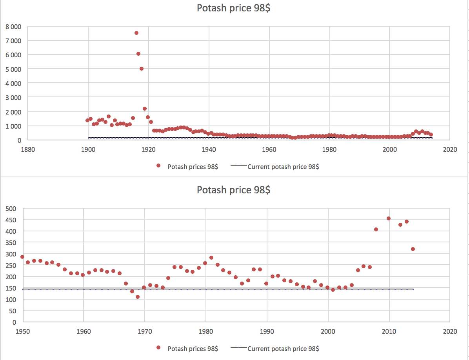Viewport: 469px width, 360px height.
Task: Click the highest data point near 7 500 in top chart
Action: click(136, 33)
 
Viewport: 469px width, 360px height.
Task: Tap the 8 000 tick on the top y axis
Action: click(13, 27)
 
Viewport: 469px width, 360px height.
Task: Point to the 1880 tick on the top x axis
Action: click(28, 149)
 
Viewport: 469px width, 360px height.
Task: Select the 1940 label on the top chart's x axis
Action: click(209, 149)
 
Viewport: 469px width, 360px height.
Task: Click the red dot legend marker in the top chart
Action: click(159, 166)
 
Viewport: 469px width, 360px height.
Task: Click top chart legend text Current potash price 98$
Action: click(283, 167)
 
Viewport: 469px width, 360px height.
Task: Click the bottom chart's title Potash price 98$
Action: click(234, 190)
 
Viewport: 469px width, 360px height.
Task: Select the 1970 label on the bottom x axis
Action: click(145, 332)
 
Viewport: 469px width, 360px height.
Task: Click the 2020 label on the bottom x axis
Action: click(449, 332)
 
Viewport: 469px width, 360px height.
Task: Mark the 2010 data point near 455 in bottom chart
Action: click(389, 218)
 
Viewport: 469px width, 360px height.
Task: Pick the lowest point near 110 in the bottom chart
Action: click(138, 297)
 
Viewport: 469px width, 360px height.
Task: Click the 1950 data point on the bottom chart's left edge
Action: click(22, 257)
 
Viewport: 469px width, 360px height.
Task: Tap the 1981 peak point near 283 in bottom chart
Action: click(211, 258)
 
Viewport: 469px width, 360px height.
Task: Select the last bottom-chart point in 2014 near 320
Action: click(413, 249)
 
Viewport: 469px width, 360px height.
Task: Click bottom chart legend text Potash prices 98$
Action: click(193, 349)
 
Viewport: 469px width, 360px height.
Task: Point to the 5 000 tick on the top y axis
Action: click(13, 69)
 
